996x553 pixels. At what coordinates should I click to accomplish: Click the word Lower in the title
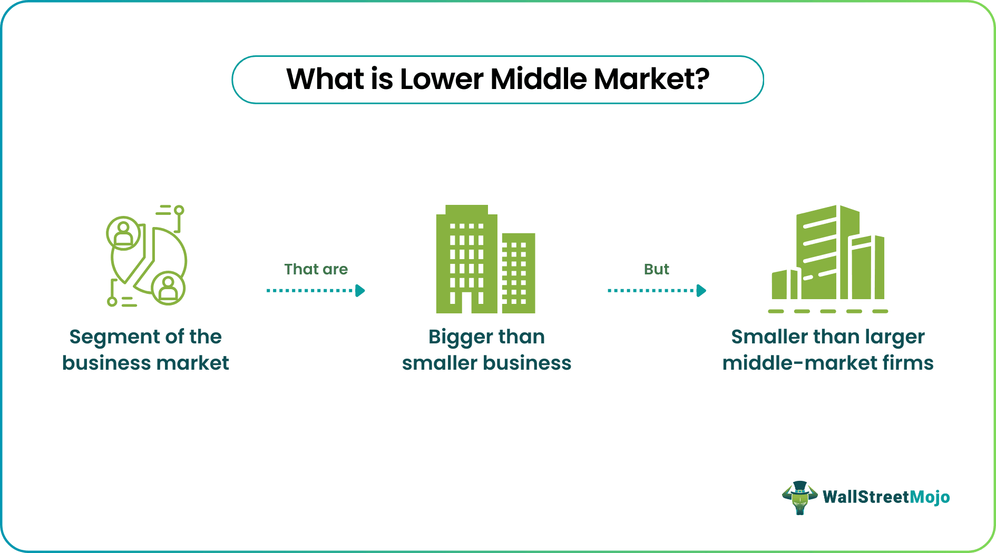point(441,80)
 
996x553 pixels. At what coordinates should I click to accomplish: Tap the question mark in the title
point(701,79)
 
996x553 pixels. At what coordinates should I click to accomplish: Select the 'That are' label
point(316,269)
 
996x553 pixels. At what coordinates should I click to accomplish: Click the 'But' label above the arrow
point(656,269)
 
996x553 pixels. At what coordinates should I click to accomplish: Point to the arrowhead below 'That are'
point(360,291)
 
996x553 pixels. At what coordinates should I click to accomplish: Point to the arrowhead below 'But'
point(701,291)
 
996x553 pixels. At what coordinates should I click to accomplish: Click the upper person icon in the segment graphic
point(124,233)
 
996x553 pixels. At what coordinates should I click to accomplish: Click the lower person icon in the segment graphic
point(168,288)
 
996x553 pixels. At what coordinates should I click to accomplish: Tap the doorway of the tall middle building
point(466,302)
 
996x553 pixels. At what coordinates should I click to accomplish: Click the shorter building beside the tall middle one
point(519,273)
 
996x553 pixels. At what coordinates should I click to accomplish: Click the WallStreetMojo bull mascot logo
point(799,497)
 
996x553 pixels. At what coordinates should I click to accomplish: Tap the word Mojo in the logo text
point(930,497)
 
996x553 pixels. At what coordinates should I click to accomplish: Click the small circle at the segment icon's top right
point(179,210)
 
